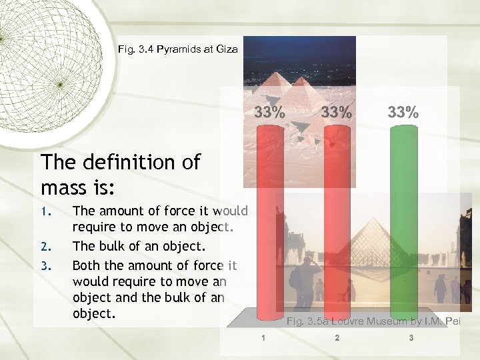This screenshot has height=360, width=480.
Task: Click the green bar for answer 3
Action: tap(403, 220)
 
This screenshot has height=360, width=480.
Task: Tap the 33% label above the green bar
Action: tap(403, 112)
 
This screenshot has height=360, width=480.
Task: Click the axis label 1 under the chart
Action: tap(263, 338)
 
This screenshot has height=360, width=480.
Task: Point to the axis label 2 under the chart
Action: tap(337, 338)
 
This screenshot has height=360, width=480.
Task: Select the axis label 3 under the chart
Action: tap(411, 338)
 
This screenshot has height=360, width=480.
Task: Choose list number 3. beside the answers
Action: tap(45, 265)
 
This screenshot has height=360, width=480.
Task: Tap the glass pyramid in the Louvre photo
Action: tap(370, 243)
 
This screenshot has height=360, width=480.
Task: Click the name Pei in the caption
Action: tap(453, 322)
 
